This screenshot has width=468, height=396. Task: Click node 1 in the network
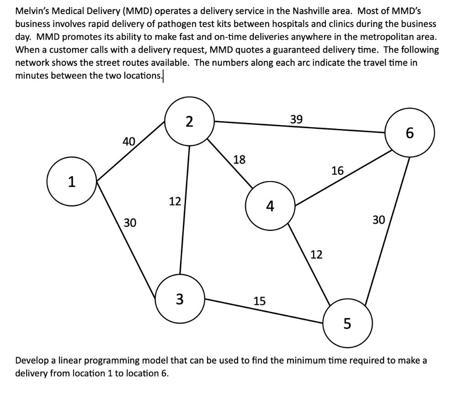point(71,182)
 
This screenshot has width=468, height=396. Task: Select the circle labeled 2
point(189,121)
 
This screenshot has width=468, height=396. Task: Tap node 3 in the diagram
point(180,299)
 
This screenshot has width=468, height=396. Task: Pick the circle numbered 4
point(270,206)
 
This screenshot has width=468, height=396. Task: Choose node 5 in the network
point(347,323)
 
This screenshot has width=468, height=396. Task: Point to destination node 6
point(409,133)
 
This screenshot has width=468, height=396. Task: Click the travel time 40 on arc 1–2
point(129,142)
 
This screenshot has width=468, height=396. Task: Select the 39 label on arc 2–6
point(296,119)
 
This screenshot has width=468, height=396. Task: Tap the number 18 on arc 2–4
point(239,160)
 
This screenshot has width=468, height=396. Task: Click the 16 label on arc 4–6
point(337,171)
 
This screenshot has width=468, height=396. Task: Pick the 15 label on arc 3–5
point(259,300)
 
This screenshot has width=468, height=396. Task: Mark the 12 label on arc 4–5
point(316,254)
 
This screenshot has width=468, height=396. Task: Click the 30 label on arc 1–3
point(130,223)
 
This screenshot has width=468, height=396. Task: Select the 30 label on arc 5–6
point(379,220)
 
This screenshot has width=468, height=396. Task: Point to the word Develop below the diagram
point(32,360)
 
